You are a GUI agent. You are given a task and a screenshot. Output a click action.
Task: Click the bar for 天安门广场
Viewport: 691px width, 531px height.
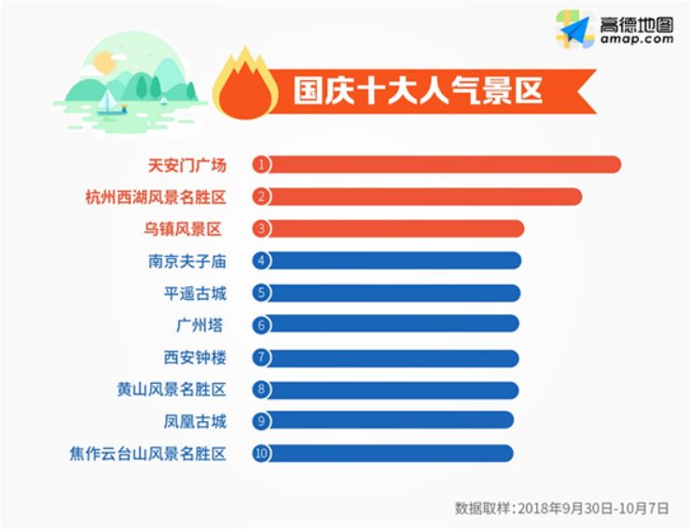(x=438, y=165)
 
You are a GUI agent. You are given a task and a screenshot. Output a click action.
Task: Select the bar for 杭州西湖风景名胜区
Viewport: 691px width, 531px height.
(x=420, y=197)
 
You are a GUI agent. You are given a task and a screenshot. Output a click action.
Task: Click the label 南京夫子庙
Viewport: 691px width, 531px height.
(x=187, y=261)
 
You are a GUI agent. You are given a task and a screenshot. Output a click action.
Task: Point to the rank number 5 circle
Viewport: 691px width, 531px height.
(x=262, y=293)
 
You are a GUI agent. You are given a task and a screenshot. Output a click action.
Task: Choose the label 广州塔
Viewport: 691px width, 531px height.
(x=199, y=325)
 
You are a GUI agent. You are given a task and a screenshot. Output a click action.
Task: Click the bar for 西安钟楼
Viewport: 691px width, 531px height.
(x=392, y=358)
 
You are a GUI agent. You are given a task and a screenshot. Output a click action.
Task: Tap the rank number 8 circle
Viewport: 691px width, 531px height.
(x=262, y=389)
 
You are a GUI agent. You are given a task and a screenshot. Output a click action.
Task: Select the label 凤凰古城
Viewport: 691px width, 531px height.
(x=194, y=421)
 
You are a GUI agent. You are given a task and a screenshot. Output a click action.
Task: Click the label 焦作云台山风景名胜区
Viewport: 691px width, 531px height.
(x=147, y=454)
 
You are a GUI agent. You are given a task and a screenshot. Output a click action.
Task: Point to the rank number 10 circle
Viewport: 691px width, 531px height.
(x=262, y=454)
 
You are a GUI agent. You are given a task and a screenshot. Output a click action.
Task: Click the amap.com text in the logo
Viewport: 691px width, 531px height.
(x=638, y=39)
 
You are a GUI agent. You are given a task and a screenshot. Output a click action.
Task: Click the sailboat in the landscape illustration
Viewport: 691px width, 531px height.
(x=110, y=100)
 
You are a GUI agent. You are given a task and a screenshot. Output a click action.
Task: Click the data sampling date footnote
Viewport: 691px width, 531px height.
(x=561, y=509)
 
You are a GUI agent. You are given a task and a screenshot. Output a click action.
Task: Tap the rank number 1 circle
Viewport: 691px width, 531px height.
(x=262, y=165)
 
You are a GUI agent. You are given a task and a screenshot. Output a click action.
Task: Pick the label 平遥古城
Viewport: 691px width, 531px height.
(x=194, y=293)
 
